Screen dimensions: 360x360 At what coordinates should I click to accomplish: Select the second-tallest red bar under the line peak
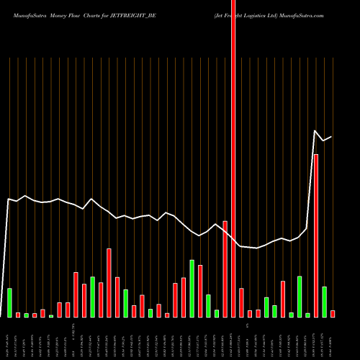315,235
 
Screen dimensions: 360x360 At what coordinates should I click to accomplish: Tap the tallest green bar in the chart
192,288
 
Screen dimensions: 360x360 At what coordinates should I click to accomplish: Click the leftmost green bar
9,302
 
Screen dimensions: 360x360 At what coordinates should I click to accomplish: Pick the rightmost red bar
333,313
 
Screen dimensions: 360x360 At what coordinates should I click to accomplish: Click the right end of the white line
331,136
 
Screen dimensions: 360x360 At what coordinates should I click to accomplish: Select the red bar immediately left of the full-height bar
225,269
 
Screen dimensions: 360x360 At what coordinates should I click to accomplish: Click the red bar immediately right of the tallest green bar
200,291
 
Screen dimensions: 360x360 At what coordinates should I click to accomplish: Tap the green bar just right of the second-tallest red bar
324,302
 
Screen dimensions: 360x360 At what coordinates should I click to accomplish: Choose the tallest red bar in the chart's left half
109,282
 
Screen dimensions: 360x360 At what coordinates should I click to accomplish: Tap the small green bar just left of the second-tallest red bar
307,315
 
